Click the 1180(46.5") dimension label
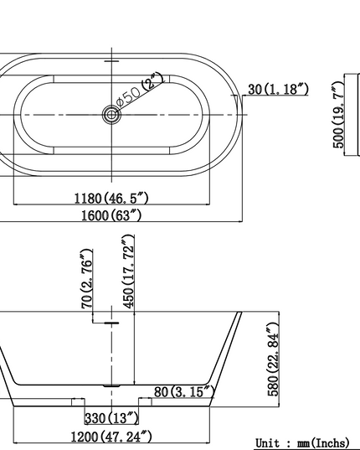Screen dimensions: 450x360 (x=111, y=199)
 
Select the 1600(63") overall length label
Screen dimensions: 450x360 (x=111, y=215)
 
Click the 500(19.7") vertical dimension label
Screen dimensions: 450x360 (x=339, y=115)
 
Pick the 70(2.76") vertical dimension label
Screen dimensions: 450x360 (x=87, y=278)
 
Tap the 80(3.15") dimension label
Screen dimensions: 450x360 (x=184, y=391)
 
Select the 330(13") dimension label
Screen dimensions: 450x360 (x=111, y=418)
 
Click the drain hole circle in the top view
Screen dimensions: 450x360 (x=110, y=114)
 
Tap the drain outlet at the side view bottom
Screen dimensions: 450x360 (x=110, y=386)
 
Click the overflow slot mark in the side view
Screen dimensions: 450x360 (x=110, y=321)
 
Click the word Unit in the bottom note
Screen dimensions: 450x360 (x=268, y=442)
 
